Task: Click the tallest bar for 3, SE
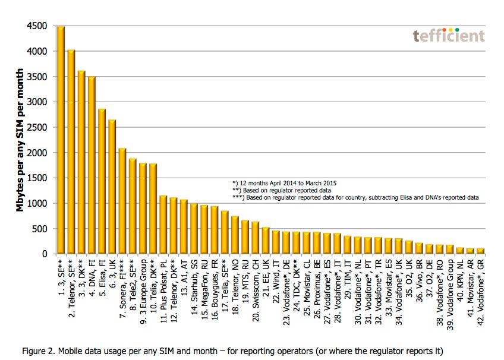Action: pos(61,140)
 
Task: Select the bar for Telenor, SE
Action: pos(71,152)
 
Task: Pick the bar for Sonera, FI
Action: pos(122,201)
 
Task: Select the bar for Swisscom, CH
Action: pos(255,238)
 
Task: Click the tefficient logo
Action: pos(449,36)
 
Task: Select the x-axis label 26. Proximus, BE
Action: pos(316,284)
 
